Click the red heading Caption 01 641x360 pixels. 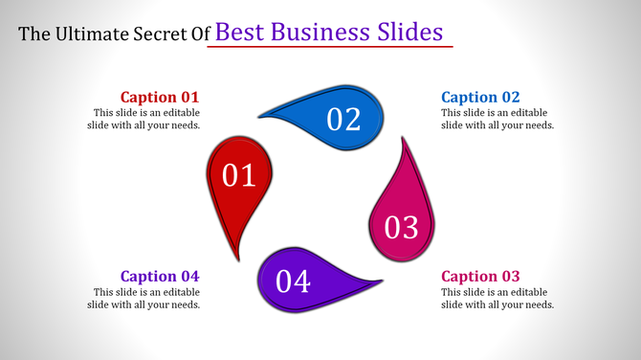(x=160, y=97)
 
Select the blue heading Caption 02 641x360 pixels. (x=480, y=97)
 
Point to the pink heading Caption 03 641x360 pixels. (x=480, y=277)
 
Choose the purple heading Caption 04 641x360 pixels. (x=160, y=277)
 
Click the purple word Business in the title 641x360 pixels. (x=314, y=33)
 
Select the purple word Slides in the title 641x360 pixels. (x=409, y=33)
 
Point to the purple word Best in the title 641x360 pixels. (x=237, y=33)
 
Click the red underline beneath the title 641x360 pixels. (x=330, y=47)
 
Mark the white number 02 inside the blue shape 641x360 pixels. (x=343, y=120)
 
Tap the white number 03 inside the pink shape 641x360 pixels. (x=402, y=228)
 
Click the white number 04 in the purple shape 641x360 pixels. (x=294, y=281)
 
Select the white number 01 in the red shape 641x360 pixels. (x=239, y=175)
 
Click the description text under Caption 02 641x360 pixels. (x=497, y=119)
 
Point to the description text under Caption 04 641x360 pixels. (x=146, y=299)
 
